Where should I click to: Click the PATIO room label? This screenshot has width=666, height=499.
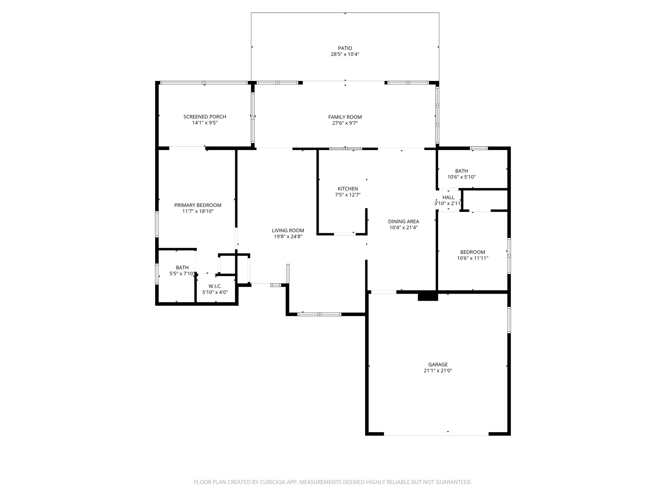(345, 48)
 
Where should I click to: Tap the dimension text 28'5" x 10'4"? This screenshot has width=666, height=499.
(345, 55)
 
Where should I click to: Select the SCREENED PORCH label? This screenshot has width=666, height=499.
(205, 117)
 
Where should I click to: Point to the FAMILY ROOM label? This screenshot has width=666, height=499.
(345, 117)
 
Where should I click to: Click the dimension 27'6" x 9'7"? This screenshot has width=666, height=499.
(345, 123)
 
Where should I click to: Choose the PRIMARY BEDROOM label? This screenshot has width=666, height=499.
(198, 205)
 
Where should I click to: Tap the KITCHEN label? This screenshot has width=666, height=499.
(348, 189)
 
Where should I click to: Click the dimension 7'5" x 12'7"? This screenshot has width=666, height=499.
(348, 195)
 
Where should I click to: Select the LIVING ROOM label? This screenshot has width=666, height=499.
(288, 231)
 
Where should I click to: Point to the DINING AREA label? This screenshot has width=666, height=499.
(403, 222)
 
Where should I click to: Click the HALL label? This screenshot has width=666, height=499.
(448, 198)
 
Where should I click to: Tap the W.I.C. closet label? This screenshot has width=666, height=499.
(215, 286)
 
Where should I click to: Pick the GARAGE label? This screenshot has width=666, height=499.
(438, 365)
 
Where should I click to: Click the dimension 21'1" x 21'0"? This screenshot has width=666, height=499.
(438, 371)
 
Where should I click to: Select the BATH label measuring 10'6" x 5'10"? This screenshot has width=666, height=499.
(461, 171)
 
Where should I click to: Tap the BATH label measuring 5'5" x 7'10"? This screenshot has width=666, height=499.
(182, 268)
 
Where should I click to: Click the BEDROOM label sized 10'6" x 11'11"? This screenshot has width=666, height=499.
(472, 252)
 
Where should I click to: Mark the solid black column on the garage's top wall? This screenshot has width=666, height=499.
(428, 296)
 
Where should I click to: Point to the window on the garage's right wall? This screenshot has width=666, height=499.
(509, 320)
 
